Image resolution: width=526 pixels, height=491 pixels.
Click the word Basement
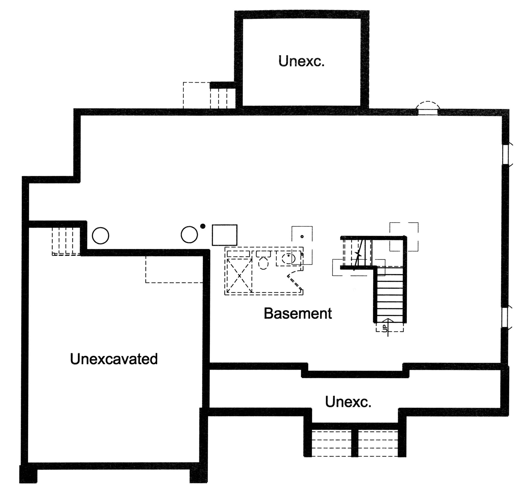click(x=298, y=313)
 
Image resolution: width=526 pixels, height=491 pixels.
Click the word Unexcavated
click(x=114, y=359)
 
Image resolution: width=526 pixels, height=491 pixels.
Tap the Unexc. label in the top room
click(x=301, y=61)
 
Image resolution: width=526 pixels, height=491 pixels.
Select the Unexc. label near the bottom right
click(x=348, y=402)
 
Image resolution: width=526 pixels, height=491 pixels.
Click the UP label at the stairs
click(x=385, y=328)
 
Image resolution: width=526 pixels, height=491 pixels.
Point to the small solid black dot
click(x=203, y=226)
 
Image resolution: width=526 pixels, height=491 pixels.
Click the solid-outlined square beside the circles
click(x=224, y=235)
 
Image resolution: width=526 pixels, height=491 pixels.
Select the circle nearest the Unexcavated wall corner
click(x=101, y=235)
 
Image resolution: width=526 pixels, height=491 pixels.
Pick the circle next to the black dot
click(x=189, y=235)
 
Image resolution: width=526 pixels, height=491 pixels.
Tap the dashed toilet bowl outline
click(x=263, y=263)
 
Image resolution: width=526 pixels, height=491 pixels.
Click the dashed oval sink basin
click(x=288, y=258)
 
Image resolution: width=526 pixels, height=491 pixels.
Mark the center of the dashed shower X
click(x=239, y=276)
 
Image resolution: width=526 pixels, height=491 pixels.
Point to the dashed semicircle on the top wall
click(x=428, y=106)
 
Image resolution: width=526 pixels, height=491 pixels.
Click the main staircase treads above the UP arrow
click(x=390, y=294)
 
